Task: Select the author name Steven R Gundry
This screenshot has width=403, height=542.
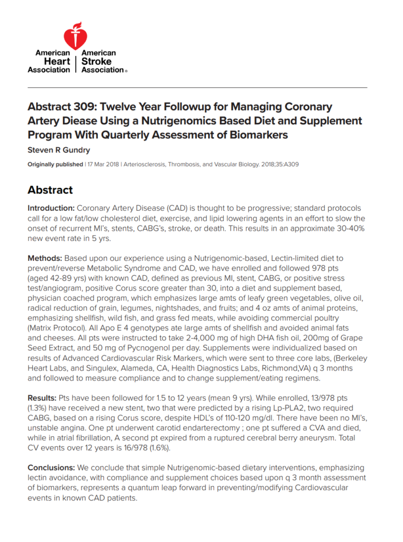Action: click(x=60, y=150)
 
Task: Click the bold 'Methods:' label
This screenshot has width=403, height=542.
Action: click(x=45, y=258)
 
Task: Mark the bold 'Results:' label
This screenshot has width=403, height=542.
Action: click(x=43, y=398)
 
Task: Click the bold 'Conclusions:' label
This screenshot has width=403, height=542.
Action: click(x=51, y=468)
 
